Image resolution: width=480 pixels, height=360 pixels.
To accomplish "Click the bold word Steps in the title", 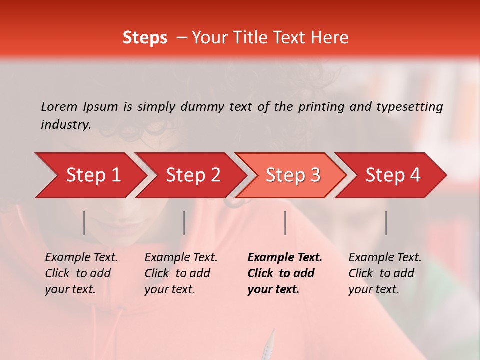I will (145, 38).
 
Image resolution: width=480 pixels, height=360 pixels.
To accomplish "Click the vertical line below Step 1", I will (84, 223).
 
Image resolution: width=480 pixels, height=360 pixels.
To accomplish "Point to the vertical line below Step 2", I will (184, 223).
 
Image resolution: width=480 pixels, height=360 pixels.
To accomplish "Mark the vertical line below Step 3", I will (285, 223).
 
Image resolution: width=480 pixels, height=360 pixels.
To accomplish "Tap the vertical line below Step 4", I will (386, 223).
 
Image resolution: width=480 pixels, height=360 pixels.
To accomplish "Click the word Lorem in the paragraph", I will (59, 106).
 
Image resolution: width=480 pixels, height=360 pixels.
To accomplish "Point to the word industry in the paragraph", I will (66, 125).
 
